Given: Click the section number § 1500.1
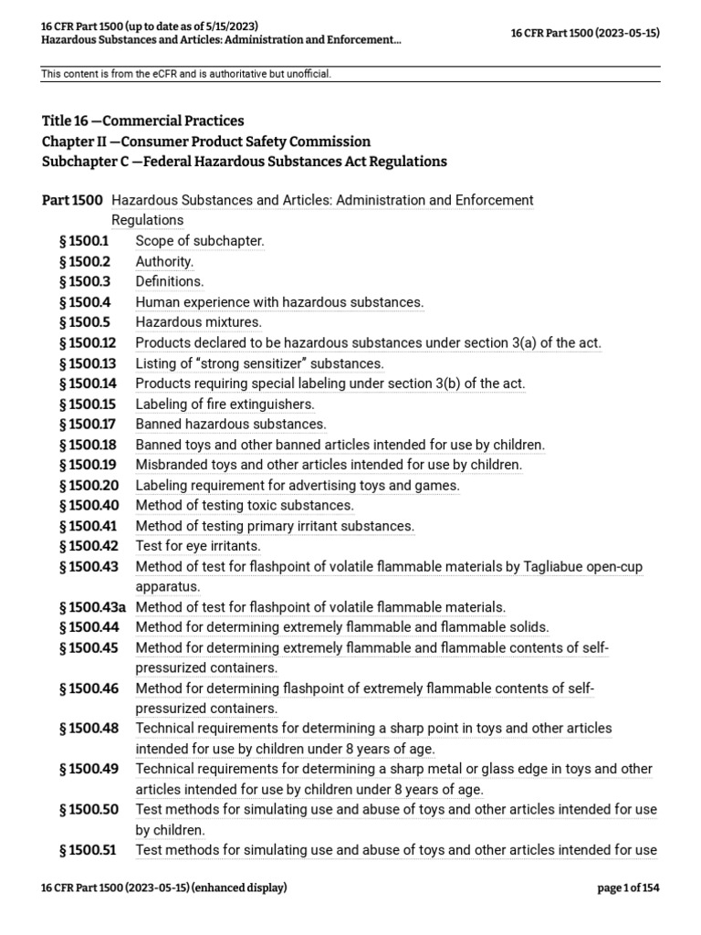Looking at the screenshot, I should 84,241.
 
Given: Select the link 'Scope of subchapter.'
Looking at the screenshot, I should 200,241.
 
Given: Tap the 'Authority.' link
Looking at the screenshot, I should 164,261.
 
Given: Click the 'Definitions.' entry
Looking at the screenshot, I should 170,281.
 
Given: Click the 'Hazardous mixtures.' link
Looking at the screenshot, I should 198,321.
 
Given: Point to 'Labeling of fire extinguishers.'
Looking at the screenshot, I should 225,404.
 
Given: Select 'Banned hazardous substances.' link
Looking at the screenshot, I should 231,424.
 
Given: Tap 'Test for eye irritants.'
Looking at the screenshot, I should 198,546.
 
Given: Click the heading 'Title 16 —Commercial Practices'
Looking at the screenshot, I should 143,121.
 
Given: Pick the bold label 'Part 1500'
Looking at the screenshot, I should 73,200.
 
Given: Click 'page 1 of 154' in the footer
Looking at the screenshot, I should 628,888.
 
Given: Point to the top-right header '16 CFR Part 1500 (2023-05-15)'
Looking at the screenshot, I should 584,33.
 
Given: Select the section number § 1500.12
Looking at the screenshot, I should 87,342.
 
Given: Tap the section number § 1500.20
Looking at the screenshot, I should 88,485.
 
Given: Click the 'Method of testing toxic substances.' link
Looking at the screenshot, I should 245,505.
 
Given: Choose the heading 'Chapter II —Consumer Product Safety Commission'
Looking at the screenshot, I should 206,142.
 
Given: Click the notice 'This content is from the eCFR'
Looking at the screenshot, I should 186,73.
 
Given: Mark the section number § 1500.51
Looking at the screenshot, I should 87,850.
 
